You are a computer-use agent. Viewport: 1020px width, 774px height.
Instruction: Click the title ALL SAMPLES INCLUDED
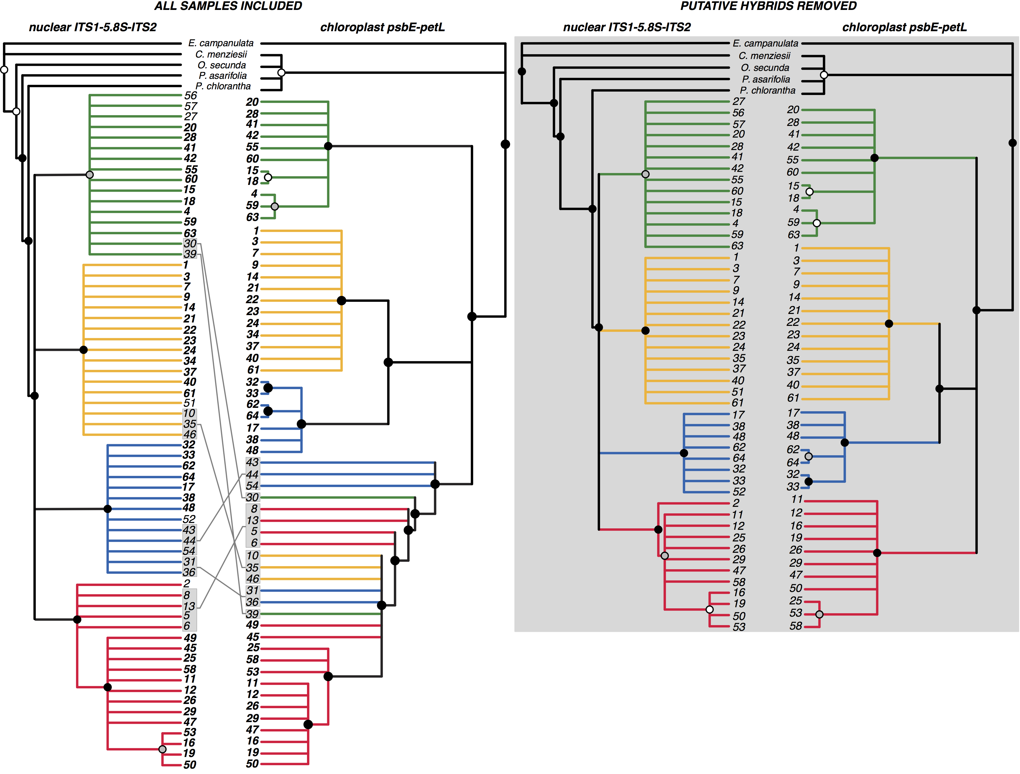coord(228,6)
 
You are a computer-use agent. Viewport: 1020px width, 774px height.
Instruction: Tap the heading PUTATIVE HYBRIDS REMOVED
coord(768,6)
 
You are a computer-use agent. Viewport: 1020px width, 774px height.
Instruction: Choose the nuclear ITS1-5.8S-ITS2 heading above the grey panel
coord(627,27)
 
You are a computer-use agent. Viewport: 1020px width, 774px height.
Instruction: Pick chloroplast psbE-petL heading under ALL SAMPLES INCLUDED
coord(382,27)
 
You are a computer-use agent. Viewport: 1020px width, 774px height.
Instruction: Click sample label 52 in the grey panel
coord(739,492)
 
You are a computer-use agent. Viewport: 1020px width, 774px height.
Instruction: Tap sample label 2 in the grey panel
coord(736,503)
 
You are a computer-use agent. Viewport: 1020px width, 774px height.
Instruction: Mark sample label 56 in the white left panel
coord(190,96)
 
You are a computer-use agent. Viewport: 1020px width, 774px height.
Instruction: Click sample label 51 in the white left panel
coord(190,403)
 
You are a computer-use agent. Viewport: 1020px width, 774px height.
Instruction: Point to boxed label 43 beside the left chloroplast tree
coord(252,462)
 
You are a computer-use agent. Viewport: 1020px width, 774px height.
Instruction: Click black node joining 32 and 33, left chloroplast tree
coord(268,388)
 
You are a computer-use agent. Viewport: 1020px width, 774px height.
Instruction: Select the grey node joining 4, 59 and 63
coord(275,206)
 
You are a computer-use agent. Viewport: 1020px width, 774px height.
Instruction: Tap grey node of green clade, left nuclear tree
coord(90,175)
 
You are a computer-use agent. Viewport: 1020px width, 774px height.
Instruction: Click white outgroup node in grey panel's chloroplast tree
coord(824,75)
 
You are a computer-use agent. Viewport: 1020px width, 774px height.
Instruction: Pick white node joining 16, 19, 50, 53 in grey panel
coord(710,610)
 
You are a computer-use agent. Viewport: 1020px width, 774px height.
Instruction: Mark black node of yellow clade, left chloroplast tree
coord(341,301)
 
